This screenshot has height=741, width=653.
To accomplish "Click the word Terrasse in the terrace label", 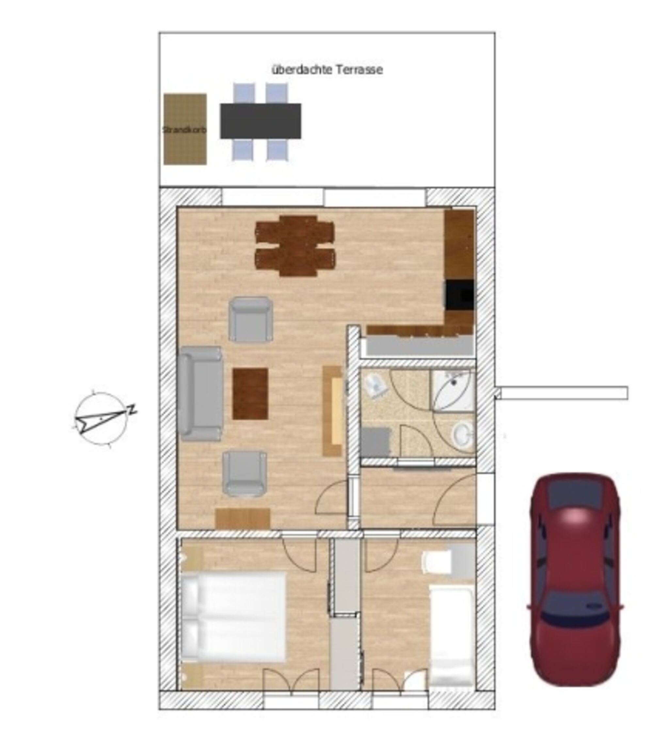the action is pyautogui.click(x=359, y=69).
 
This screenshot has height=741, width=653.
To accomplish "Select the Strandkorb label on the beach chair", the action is pyautogui.click(x=184, y=129).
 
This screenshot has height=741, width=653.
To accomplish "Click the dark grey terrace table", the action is pyautogui.click(x=260, y=121).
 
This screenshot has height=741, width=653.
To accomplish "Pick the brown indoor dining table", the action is pyautogui.click(x=295, y=245).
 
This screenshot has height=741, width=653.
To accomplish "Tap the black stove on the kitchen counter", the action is pyautogui.click(x=459, y=294).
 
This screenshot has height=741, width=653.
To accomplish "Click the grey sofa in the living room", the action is pyautogui.click(x=200, y=394).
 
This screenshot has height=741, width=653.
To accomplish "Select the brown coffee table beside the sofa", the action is pyautogui.click(x=250, y=394).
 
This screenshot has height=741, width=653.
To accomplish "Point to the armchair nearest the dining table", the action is pyautogui.click(x=250, y=319).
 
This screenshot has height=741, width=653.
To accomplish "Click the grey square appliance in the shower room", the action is pyautogui.click(x=375, y=442).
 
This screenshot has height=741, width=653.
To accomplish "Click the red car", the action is pyautogui.click(x=575, y=579).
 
